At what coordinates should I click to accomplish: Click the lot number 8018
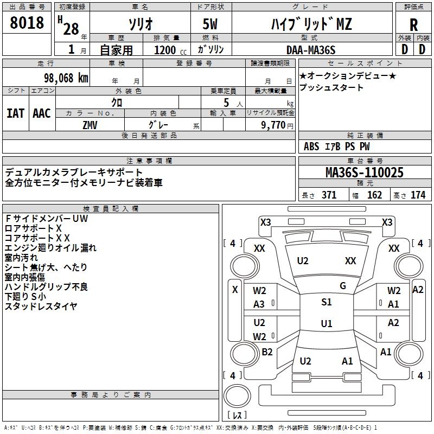tap(27, 23)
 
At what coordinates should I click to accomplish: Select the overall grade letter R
tap(413, 25)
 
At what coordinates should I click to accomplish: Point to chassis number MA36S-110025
tap(365, 173)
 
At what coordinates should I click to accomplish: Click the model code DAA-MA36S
tap(311, 49)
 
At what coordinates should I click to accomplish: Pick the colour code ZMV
tap(90, 124)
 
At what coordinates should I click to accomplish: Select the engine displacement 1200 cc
tap(168, 50)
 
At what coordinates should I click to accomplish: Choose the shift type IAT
tap(15, 113)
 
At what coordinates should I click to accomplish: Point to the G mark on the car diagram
tap(343, 286)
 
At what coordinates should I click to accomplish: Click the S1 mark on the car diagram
tap(326, 302)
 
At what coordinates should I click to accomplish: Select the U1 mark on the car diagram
tap(326, 324)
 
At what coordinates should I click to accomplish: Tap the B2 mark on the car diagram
tap(267, 352)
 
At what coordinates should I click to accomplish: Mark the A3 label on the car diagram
tap(259, 304)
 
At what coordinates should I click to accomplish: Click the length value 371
tap(329, 195)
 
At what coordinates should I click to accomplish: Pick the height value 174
tap(418, 195)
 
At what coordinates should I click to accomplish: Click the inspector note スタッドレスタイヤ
tap(41, 307)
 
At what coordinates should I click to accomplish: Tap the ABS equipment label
tap(311, 146)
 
